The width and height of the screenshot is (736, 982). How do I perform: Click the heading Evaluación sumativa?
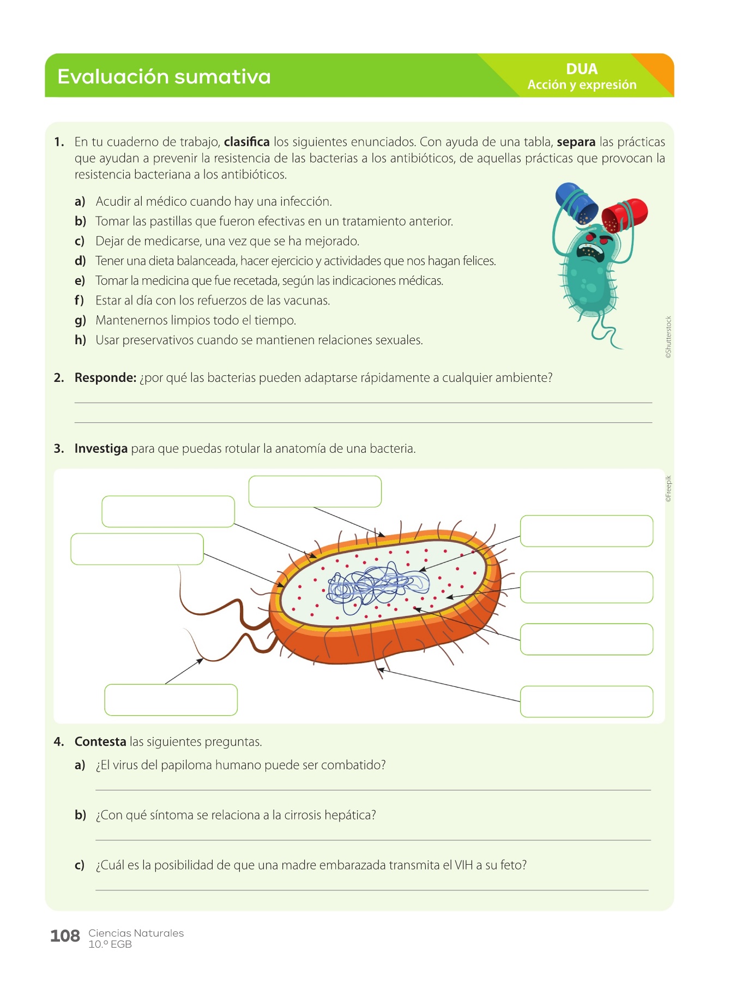click(x=164, y=76)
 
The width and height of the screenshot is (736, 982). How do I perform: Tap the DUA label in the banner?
click(x=582, y=69)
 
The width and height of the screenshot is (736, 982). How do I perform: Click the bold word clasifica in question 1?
click(x=246, y=142)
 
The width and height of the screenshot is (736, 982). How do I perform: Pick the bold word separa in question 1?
click(x=576, y=142)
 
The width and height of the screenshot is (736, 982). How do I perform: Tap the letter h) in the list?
click(x=81, y=340)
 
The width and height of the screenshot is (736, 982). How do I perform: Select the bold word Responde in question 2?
click(x=105, y=378)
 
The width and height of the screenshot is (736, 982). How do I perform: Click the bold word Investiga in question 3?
click(x=101, y=448)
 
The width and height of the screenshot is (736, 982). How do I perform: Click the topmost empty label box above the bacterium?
click(x=315, y=491)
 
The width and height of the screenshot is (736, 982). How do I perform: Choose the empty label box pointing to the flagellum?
click(x=171, y=699)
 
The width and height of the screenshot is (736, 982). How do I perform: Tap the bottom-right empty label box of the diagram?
click(x=586, y=701)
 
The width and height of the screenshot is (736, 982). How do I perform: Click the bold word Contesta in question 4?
click(x=100, y=741)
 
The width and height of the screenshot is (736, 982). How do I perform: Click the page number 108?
click(x=65, y=936)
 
